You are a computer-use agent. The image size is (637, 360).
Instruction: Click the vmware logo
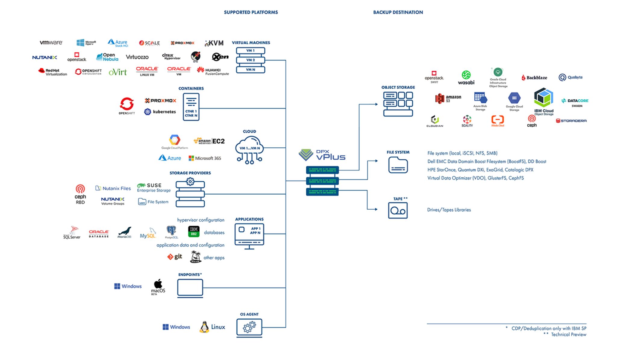51,42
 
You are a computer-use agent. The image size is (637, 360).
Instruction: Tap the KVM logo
214,43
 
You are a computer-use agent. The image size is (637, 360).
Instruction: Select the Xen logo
220,57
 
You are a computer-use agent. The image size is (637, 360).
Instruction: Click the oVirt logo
118,72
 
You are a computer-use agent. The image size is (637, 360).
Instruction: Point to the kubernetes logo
160,112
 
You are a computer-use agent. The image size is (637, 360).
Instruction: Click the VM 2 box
250,60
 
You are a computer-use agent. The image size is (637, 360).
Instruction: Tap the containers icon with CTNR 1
191,107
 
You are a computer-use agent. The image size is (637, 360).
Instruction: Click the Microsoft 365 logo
205,158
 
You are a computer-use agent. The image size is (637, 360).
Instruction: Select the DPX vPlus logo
322,155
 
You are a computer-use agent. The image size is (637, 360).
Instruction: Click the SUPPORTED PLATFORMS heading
251,12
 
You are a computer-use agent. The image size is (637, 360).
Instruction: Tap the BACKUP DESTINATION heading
398,12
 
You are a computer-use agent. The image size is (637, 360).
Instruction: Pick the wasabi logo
466,78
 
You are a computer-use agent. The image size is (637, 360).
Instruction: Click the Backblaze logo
534,78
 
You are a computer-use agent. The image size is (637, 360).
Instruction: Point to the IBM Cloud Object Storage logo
544,101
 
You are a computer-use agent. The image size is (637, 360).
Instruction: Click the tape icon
398,210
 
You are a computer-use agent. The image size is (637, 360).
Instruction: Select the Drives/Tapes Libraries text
449,210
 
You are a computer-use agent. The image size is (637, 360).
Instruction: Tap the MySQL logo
148,233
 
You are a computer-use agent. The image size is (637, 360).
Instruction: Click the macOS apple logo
158,284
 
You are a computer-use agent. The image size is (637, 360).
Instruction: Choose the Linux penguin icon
205,327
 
